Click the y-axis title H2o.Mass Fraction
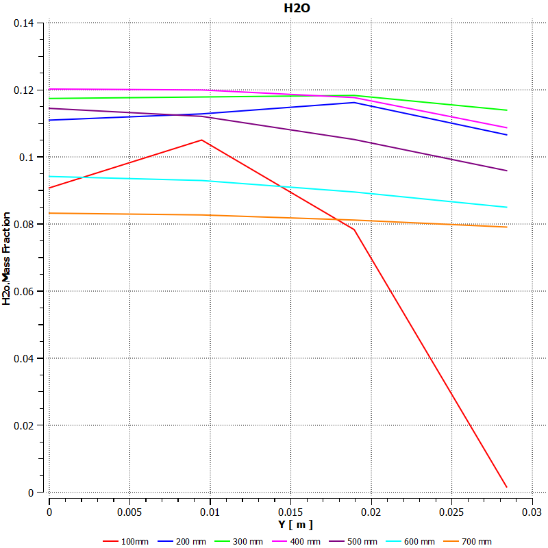(6, 258)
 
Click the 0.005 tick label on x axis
(129, 512)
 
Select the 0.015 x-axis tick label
(290, 512)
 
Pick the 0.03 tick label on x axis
(532, 512)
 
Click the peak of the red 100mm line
(201, 140)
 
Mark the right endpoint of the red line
(507, 487)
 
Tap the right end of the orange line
(507, 227)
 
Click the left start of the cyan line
(49, 177)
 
